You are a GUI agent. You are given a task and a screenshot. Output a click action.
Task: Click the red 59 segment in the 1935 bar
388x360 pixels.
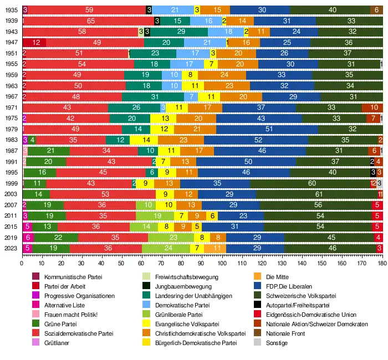[89, 10]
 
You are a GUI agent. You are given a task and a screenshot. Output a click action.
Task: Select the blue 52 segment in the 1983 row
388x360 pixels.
[258, 140]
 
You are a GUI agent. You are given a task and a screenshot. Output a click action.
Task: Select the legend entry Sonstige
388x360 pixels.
[277, 343]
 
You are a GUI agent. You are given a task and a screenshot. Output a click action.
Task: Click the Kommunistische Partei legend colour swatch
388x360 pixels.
[36, 277]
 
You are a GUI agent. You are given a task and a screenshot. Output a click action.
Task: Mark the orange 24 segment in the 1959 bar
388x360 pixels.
[225, 75]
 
